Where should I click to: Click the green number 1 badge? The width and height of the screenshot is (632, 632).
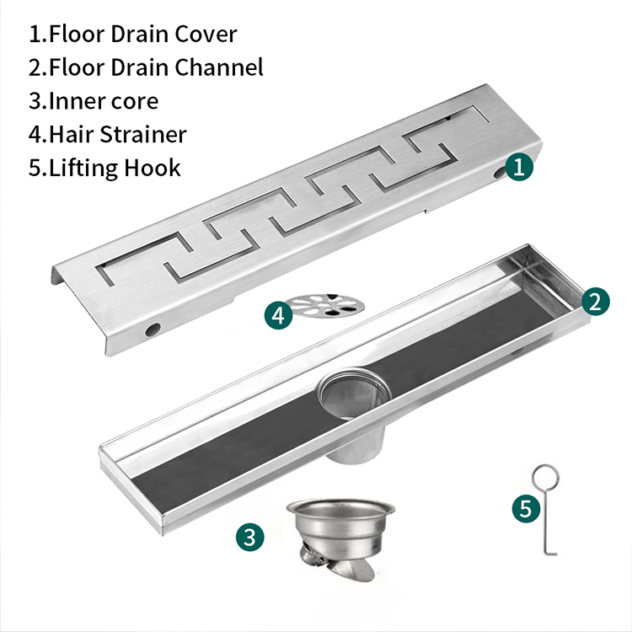point(519,167)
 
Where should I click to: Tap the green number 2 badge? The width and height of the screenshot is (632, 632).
point(595,302)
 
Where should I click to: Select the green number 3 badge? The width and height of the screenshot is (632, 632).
point(250,537)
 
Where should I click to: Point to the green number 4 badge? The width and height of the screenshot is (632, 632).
point(279,316)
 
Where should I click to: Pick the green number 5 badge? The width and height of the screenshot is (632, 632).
point(527,509)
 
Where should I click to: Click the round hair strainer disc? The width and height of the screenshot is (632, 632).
point(327,305)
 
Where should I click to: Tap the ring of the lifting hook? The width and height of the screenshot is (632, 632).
point(545,477)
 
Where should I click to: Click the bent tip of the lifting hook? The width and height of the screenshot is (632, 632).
point(551,553)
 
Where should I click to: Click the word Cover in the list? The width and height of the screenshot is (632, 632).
point(206,35)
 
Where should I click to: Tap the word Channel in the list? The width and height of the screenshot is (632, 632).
point(219,67)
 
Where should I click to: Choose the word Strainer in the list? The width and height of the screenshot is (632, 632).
point(143,134)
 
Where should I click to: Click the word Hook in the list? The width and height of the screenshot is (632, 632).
point(152,168)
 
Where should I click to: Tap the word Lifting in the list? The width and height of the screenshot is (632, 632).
point(83,169)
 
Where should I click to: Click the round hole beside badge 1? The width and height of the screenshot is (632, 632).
point(501,173)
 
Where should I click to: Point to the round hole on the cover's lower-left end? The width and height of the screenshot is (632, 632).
point(153,329)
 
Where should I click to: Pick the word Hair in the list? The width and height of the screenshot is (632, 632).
point(72,134)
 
